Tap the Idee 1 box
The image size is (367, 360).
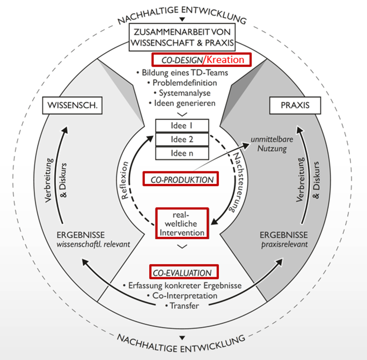point(182,126)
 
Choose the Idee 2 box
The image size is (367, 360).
point(182,139)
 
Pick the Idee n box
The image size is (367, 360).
point(182,153)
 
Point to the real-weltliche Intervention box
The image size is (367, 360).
point(182,223)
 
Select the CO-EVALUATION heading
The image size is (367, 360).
point(182,272)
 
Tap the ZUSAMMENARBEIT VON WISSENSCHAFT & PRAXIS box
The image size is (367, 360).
point(183,37)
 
